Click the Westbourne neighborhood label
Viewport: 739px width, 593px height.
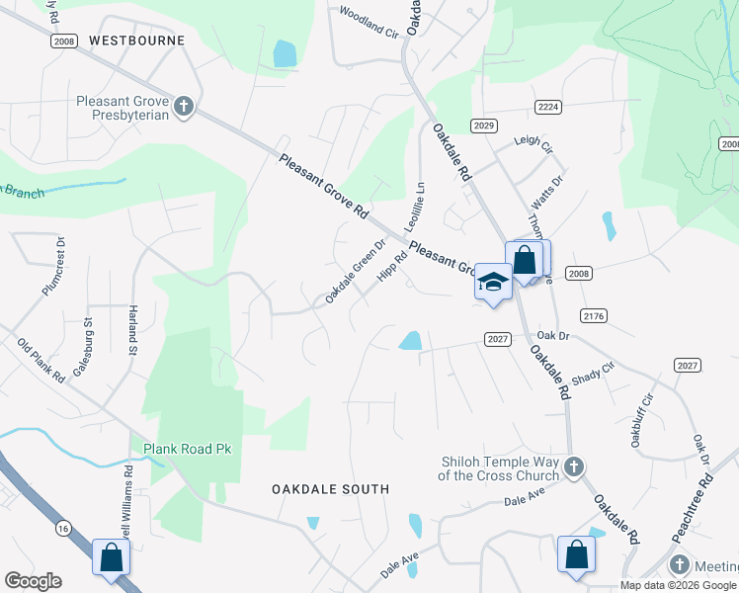click(136, 41)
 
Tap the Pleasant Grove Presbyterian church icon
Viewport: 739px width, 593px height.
click(183, 106)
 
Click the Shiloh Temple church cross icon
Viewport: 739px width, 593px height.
click(573, 466)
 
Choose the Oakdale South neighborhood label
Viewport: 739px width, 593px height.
click(330, 489)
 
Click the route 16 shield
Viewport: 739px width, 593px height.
click(63, 530)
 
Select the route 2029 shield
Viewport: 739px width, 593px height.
click(483, 126)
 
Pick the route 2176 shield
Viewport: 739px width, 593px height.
click(594, 315)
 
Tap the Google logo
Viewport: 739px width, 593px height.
click(33, 581)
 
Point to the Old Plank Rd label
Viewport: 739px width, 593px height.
click(41, 361)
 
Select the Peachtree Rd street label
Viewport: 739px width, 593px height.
click(692, 509)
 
